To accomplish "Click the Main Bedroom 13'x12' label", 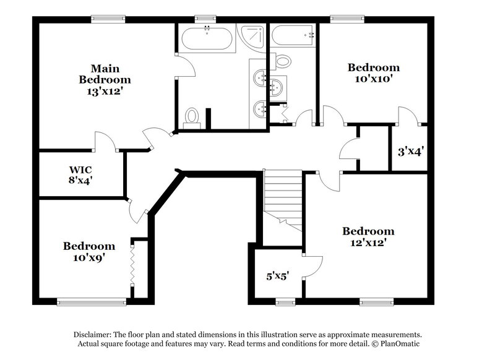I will pos(105,80).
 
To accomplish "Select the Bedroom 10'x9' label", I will pos(88,252).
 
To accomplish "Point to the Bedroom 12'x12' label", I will pos(368,237).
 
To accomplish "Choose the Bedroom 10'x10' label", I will pos(373,73).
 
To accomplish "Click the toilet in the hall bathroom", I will pos(283,61).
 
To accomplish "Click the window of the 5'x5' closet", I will pos(285,302).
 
